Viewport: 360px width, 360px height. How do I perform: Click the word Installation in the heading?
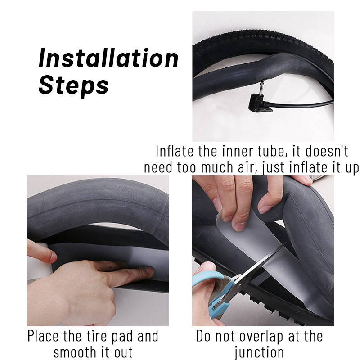pos(108,58)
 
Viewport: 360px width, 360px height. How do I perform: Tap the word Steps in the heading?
pos(73,86)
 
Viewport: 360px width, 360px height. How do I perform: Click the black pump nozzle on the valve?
pos(259,103)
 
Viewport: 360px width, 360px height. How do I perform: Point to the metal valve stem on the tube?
pos(261,88)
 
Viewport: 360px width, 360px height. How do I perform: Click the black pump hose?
pos(301,105)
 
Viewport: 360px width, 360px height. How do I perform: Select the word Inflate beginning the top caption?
pos(175,151)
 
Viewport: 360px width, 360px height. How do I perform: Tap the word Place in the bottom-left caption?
pos(43,337)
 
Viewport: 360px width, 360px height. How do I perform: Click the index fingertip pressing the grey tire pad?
pos(149,272)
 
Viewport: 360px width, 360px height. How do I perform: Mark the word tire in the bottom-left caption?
pos(97,336)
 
